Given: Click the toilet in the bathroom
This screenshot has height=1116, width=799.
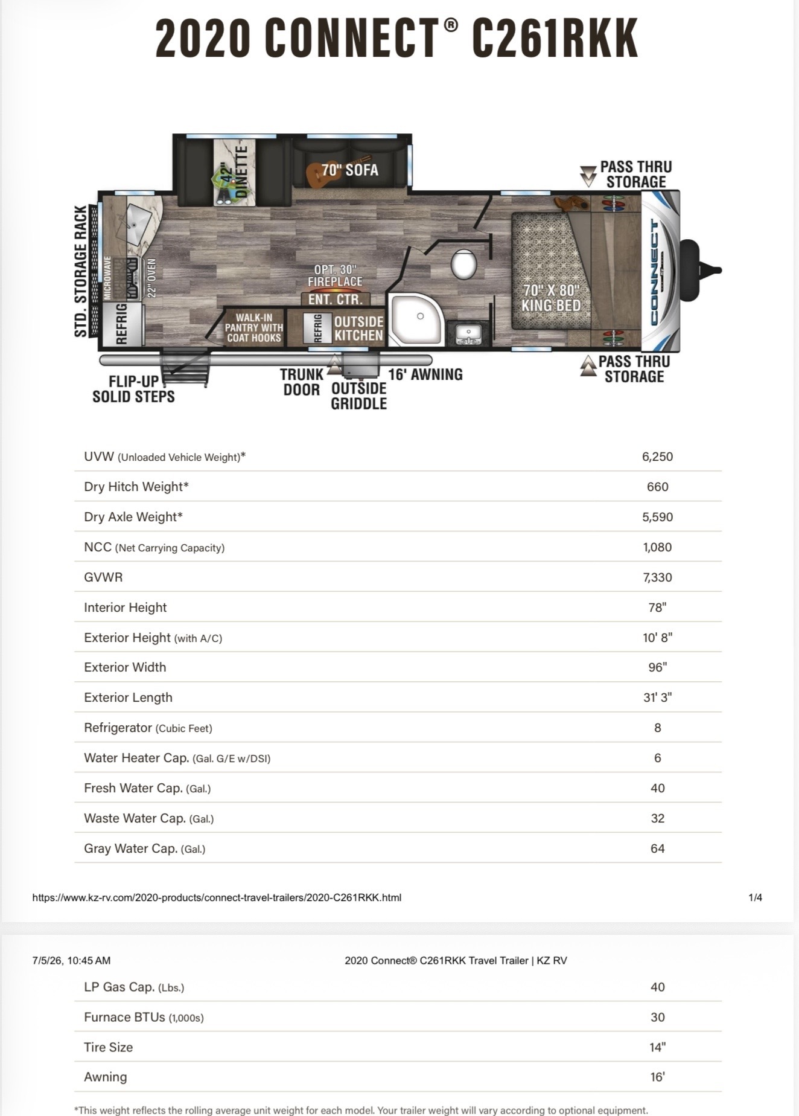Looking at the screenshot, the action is pyautogui.click(x=463, y=264).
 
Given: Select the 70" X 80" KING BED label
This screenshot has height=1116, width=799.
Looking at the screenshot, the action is pyautogui.click(x=550, y=298).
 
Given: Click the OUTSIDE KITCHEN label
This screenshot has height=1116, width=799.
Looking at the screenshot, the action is pyautogui.click(x=358, y=328).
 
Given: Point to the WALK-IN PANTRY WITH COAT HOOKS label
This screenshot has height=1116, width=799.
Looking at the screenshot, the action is pyautogui.click(x=254, y=328).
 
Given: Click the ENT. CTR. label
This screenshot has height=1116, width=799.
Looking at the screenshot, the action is pyautogui.click(x=336, y=299).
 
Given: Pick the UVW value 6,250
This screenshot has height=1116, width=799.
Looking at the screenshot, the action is pyautogui.click(x=657, y=457).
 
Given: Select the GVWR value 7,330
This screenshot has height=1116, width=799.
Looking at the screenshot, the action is pyautogui.click(x=657, y=577).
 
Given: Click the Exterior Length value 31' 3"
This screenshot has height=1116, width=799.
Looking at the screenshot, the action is pyautogui.click(x=657, y=697).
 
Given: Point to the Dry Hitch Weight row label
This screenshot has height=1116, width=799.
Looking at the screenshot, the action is pyautogui.click(x=136, y=487).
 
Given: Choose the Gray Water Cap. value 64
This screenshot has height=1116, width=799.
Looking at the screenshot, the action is pyautogui.click(x=657, y=848).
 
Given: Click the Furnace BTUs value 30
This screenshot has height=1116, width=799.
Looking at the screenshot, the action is pyautogui.click(x=657, y=1017).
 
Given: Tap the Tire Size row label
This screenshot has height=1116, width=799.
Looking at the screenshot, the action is pyautogui.click(x=109, y=1047).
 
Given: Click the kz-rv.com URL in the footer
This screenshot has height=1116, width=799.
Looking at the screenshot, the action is pyautogui.click(x=217, y=897).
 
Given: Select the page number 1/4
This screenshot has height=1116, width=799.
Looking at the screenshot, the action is pyautogui.click(x=755, y=897).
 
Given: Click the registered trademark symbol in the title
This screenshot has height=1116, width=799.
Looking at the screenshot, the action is pyautogui.click(x=451, y=25).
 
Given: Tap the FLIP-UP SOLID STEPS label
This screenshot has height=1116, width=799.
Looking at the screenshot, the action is pyautogui.click(x=133, y=389).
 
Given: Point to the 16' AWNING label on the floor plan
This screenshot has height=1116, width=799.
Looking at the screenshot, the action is pyautogui.click(x=425, y=374).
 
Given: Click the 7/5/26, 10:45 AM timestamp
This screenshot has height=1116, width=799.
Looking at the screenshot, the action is pyautogui.click(x=71, y=960).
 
